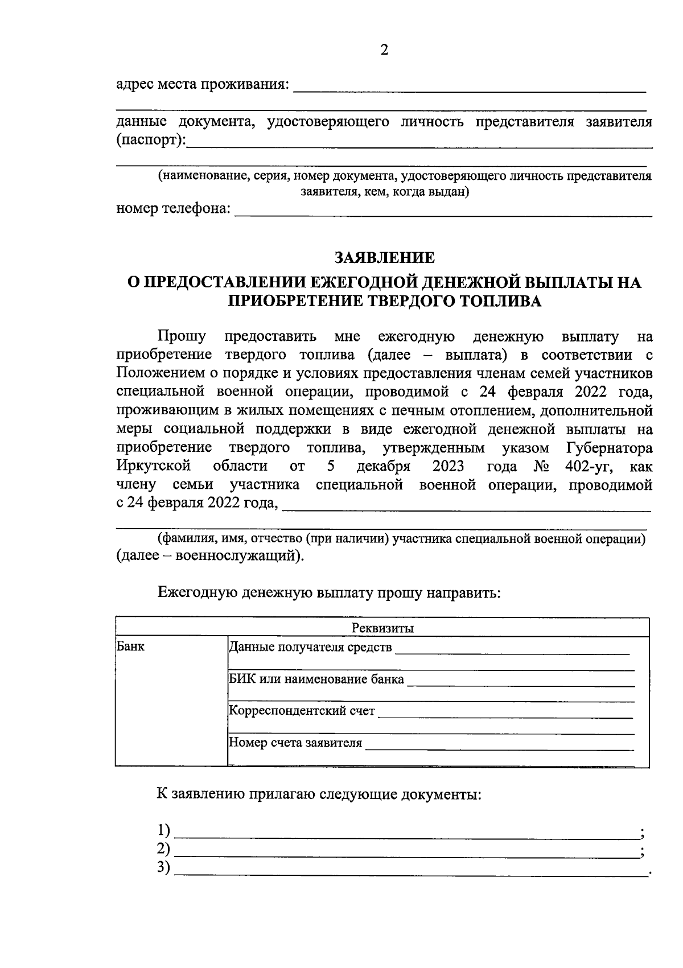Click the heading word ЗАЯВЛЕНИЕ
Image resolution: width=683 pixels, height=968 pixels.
(384, 258)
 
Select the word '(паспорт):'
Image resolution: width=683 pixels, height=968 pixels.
(151, 140)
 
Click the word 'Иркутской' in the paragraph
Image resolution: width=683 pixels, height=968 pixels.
(153, 467)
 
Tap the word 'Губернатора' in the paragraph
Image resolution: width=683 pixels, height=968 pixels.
(610, 448)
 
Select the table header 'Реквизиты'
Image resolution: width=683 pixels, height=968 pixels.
(382, 628)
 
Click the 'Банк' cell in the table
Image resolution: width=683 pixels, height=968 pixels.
(130, 646)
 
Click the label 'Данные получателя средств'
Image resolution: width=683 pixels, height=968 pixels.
(310, 647)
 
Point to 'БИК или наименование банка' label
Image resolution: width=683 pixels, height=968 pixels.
(316, 679)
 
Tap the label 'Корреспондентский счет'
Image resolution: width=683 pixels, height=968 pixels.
(302, 711)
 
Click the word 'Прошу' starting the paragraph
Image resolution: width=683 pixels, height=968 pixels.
(182, 336)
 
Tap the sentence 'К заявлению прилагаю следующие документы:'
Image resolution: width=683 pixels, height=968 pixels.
(319, 794)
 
